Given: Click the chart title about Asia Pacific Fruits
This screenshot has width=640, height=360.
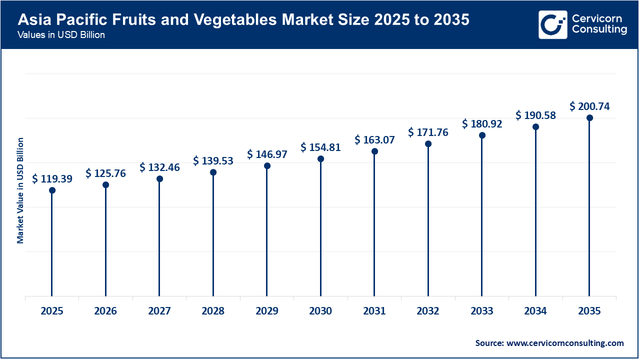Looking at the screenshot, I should coord(243,20).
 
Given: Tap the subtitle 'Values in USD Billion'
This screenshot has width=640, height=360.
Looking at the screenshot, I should coord(61,35).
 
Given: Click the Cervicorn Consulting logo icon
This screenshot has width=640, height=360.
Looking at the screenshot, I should coord(552,24).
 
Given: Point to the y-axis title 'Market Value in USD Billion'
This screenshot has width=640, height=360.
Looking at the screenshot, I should coord(20,190).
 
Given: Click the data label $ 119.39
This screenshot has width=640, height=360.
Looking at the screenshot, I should coord(52,178).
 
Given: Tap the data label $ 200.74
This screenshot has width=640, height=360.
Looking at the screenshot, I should coord(589,106).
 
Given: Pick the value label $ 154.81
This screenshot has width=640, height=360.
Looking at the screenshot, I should coord(320,147).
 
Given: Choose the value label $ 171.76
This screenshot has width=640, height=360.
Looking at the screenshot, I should coord(428,132).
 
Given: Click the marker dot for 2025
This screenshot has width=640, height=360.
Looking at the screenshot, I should coord(52,190).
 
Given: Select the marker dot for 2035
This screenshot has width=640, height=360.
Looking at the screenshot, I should coord(589,118).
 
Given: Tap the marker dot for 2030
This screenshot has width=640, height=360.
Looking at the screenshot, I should coord(320,159).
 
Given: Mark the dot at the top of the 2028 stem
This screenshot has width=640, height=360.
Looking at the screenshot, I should coord(213,172).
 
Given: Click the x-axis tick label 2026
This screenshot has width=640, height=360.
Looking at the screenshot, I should coord(105,311).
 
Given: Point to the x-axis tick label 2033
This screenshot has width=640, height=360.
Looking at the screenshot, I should coord(481,311).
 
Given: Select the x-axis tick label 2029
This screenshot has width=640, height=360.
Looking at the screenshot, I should coord(267,311).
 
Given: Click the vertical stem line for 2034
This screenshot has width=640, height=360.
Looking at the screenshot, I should coord(535,215).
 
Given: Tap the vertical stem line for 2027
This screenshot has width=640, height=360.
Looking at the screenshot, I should coord(159,240).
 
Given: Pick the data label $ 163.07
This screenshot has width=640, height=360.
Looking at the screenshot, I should coord(374,140).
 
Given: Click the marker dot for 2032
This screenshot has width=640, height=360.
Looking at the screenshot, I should coord(428,144).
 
